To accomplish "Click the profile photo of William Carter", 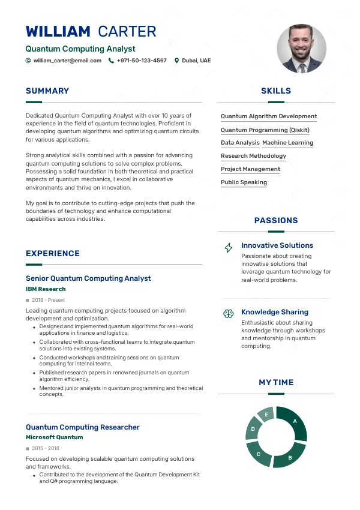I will tap(301, 49).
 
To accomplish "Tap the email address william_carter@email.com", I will tap(67, 61).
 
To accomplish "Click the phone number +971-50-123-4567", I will tap(142, 61).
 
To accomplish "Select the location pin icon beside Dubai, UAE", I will tap(176, 61).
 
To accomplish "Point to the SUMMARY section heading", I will tap(47, 91).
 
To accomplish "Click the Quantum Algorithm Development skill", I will tap(268, 116).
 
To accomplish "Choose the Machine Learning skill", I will tap(288, 143).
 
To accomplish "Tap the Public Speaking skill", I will tap(244, 182).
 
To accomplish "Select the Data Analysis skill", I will tap(240, 143).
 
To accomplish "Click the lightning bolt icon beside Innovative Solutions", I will tap(228, 247).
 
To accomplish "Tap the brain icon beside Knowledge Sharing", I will tap(228, 313).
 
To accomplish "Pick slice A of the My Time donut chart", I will tap(294, 422).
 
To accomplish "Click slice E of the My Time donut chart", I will tap(266, 415).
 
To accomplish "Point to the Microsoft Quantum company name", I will tap(54, 437).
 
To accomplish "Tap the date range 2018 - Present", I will tap(48, 300).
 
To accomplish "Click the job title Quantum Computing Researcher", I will tap(83, 427).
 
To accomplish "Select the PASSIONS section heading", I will tap(276, 221).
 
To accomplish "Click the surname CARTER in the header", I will tap(127, 32).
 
